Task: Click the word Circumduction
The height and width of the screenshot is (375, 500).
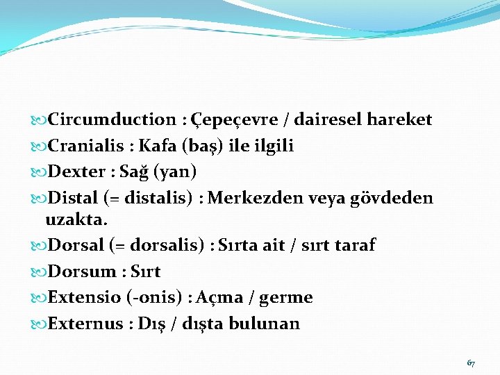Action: pyautogui.click(x=112, y=119)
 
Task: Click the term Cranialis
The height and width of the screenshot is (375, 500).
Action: pyautogui.click(x=83, y=146)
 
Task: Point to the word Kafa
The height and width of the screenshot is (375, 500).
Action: pyautogui.click(x=158, y=146)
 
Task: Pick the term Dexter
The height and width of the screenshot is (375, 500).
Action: pyautogui.click(x=74, y=172)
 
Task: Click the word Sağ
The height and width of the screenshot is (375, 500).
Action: pyautogui.click(x=134, y=172)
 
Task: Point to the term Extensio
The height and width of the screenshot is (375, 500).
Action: pyautogui.click(x=85, y=298)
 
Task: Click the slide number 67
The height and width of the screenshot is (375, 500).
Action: pyautogui.click(x=471, y=363)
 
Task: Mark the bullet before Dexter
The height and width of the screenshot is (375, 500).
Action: pyautogui.click(x=39, y=172)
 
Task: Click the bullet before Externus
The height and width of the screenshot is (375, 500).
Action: pyautogui.click(x=39, y=324)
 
